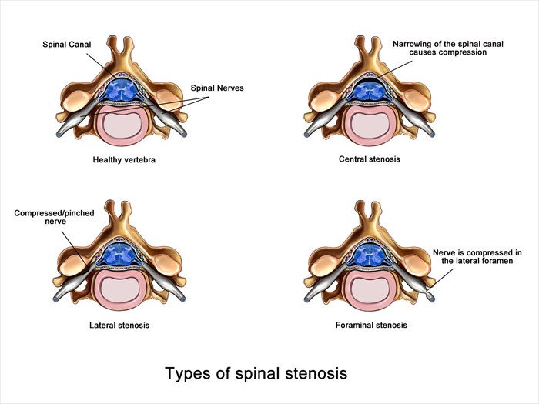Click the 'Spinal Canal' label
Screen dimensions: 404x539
pos(68,45)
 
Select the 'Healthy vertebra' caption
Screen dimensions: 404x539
pos(124,159)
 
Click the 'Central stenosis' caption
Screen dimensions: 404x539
pos(370,159)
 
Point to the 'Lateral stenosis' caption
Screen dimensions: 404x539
pos(119,325)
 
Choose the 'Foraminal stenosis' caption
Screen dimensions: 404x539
pos(371,325)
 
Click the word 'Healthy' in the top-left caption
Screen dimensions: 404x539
pos(108,159)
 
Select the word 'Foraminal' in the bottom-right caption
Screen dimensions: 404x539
pos(354,325)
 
